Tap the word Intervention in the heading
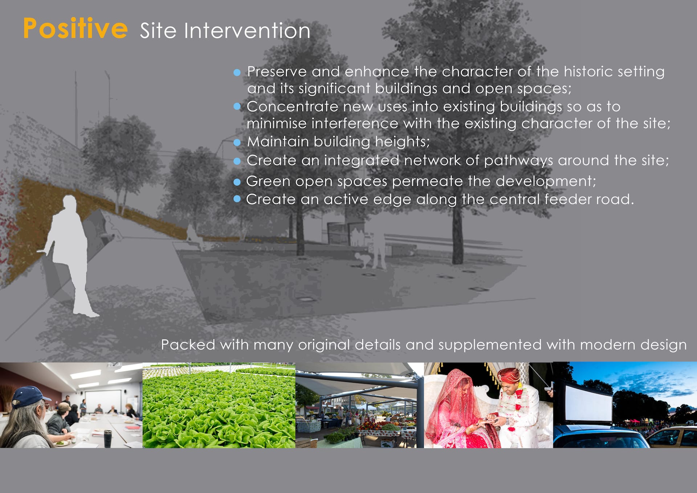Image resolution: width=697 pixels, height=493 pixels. click(x=247, y=30)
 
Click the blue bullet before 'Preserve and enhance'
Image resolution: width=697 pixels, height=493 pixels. click(x=237, y=73)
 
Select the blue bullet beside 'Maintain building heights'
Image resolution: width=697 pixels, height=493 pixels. click(x=237, y=143)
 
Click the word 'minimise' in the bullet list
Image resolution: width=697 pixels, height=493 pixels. click(x=277, y=124)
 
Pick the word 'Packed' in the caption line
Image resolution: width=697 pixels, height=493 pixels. click(x=188, y=345)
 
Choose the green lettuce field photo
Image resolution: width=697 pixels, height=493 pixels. click(x=219, y=405)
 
